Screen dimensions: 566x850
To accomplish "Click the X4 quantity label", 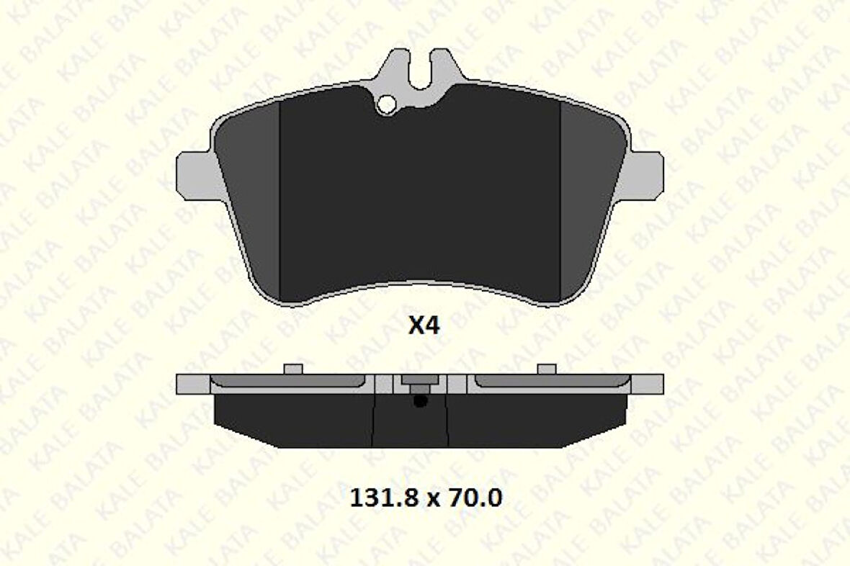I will (x=424, y=326).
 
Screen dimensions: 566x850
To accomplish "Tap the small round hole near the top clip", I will (x=386, y=105).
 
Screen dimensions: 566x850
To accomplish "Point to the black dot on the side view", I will (x=421, y=402).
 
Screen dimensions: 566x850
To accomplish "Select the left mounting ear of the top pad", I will (x=193, y=174).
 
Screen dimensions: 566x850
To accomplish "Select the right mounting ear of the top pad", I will (x=648, y=174).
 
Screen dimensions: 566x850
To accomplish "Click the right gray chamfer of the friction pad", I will (x=591, y=202).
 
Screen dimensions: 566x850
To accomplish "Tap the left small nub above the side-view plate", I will (x=293, y=369).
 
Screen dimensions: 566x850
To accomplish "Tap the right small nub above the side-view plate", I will (x=547, y=369).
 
